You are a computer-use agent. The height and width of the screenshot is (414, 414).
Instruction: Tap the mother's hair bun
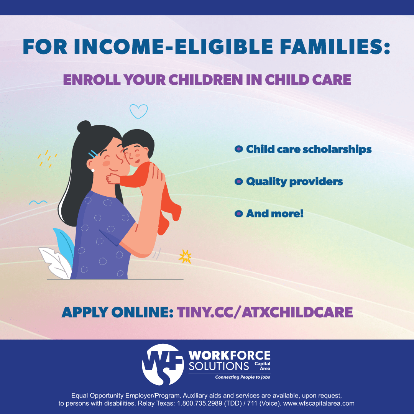(x=84, y=127)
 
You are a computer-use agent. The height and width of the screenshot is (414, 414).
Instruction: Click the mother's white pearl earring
(x=93, y=170)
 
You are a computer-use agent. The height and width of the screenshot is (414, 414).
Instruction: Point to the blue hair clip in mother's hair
(x=93, y=154)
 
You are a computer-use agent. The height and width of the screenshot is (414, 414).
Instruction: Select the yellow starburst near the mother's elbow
(x=185, y=256)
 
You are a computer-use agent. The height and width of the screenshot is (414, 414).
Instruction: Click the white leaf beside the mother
(x=56, y=262)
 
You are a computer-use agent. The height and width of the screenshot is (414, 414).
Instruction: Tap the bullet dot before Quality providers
(x=238, y=182)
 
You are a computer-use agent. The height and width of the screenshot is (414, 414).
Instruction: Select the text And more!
(x=274, y=214)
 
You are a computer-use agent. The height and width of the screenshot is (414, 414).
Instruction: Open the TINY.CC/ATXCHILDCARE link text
(x=265, y=312)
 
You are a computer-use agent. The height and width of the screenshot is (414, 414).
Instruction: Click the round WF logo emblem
(x=163, y=365)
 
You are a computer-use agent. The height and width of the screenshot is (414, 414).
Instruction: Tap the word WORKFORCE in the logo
(x=230, y=355)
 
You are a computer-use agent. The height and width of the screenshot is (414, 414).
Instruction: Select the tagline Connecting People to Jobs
(x=243, y=377)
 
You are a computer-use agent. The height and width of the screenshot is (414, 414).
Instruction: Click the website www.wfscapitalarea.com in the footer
(x=319, y=403)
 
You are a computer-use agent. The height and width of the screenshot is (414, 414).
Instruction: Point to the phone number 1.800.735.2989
(x=199, y=403)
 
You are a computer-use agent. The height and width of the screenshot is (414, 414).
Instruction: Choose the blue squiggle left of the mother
(x=38, y=203)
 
